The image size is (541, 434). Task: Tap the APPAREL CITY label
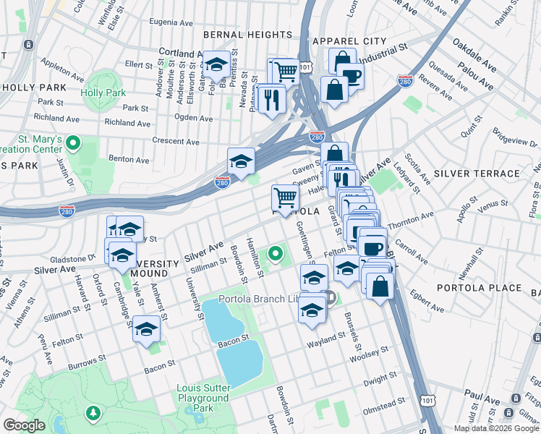pyautogui.click(x=347, y=41)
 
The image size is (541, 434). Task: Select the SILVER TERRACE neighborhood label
pyautogui.click(x=477, y=174)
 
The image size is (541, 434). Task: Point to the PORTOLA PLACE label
pyautogui.click(x=479, y=287)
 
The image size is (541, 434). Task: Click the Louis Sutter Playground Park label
pyautogui.click(x=203, y=398)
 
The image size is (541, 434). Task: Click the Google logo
pyautogui.click(x=25, y=425)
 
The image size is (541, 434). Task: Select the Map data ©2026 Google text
pyautogui.click(x=496, y=428)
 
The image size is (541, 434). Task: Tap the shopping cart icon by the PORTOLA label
pyautogui.click(x=286, y=197)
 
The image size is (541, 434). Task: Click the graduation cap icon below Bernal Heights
pyautogui.click(x=216, y=65)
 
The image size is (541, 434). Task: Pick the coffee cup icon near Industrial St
pyautogui.click(x=351, y=76)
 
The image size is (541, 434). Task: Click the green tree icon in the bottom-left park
pyautogui.click(x=93, y=413)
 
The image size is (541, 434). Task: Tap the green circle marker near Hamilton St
pyautogui.click(x=275, y=254)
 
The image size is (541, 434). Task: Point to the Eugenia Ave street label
pyautogui.click(x=171, y=22)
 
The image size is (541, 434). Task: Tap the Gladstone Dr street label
pyautogui.click(x=72, y=258)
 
